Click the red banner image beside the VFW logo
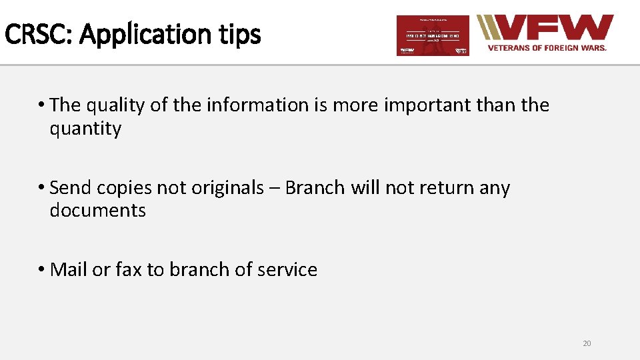[433, 35]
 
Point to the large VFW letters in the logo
[554, 29]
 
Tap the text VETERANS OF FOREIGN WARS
[547, 48]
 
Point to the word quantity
[85, 129]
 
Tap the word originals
[227, 189]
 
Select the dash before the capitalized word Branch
[274, 189]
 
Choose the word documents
[97, 211]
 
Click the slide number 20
[587, 343]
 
